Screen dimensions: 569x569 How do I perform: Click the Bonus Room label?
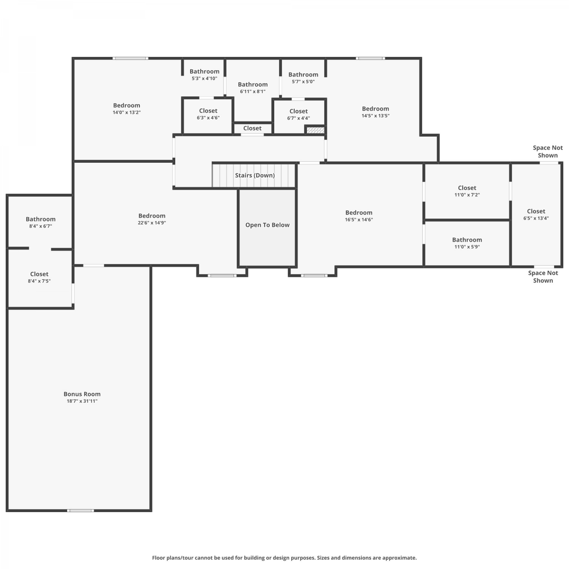tap(82, 394)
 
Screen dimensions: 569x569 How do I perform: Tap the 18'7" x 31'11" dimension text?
tap(82, 401)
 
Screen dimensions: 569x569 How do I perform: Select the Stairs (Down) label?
tap(255, 175)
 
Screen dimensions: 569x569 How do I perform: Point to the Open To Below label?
tap(267, 225)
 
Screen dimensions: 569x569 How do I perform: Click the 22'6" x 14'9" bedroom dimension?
tap(152, 223)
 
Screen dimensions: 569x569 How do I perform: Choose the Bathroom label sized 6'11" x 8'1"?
tap(253, 85)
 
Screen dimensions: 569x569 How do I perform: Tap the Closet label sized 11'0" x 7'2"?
tap(467, 188)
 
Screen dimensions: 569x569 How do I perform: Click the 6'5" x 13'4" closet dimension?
tap(536, 218)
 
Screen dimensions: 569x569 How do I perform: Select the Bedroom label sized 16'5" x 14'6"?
tap(359, 213)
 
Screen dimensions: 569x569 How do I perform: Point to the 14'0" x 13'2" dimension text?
tap(127, 112)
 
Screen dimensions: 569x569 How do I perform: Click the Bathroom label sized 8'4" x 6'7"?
tap(41, 219)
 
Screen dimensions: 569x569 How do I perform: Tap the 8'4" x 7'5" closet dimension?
tap(39, 281)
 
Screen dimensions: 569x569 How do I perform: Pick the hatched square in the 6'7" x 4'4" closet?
tap(315, 130)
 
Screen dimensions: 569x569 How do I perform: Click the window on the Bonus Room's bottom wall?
tap(80, 511)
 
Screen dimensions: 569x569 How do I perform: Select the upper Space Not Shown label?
tap(548, 151)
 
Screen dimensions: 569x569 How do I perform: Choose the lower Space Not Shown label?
tap(543, 277)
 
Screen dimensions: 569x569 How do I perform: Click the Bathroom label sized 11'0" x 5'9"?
tap(467, 240)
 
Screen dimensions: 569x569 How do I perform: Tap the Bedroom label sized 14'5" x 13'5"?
tap(376, 109)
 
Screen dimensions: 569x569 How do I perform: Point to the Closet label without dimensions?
tap(252, 128)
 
